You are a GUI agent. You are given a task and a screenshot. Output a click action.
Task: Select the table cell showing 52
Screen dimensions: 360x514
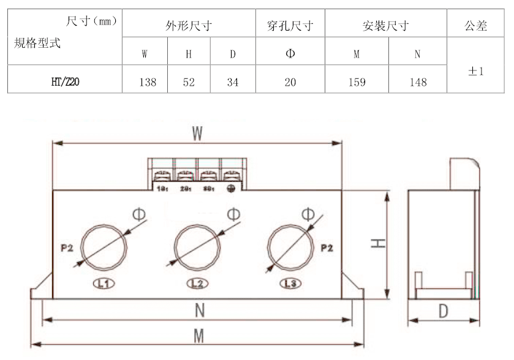pos(189,82)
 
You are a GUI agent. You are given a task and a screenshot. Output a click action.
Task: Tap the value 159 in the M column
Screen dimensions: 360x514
pos(357,82)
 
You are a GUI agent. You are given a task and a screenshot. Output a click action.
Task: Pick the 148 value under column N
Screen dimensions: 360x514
pos(418,82)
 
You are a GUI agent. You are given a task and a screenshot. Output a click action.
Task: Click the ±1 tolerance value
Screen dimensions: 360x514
pos(476,72)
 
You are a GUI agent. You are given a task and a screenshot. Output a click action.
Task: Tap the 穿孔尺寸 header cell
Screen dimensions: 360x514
pos(290,26)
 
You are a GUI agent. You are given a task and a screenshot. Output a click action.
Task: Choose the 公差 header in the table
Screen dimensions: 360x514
pos(476,26)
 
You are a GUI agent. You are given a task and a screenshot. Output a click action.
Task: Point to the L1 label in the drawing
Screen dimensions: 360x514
pos(103,283)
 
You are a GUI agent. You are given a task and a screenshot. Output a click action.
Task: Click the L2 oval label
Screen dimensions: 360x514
pos(197,283)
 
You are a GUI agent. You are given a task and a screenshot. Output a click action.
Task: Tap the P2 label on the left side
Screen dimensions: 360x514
pos(67,249)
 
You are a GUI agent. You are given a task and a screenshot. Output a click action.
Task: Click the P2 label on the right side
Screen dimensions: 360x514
pos(328,249)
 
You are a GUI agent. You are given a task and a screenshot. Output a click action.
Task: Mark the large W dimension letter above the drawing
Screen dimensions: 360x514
pos(197,133)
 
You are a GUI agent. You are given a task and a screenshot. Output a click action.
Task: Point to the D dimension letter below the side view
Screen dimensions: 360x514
pos(442,312)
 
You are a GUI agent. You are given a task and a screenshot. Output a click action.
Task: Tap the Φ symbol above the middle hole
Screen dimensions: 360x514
pos(233,214)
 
